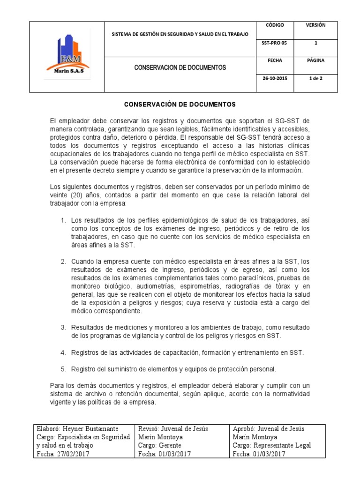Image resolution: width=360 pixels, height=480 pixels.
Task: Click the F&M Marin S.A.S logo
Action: (x=67, y=56)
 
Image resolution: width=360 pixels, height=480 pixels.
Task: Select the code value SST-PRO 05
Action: (x=272, y=43)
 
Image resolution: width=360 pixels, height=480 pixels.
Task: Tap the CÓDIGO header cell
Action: (x=272, y=25)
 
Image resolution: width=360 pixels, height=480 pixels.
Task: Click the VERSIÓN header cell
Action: (x=315, y=25)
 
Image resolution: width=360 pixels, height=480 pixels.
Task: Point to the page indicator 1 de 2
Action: (x=315, y=78)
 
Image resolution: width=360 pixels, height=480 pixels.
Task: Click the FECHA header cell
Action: (x=272, y=60)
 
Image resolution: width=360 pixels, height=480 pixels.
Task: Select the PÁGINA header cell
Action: (x=315, y=60)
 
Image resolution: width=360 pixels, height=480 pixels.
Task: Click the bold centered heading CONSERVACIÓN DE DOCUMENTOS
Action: (x=180, y=104)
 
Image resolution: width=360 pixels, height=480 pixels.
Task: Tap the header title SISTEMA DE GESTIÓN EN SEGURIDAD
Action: (x=180, y=34)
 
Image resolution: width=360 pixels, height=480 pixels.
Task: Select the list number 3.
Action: (x=63, y=327)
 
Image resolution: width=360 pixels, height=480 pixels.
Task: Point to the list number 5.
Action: (x=63, y=368)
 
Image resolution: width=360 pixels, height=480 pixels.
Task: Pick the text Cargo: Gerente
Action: (x=158, y=445)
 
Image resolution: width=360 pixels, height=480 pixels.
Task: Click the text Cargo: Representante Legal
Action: (x=271, y=445)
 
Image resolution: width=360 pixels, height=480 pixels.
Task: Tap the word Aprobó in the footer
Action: (x=244, y=429)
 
